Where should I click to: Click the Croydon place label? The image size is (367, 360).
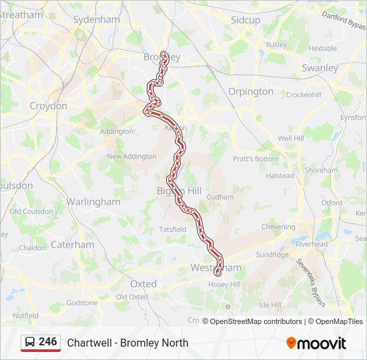48,106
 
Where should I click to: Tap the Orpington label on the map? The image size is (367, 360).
251,91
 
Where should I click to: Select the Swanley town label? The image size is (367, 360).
320,68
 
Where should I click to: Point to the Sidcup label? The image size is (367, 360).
246,20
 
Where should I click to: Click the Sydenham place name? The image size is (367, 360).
96,19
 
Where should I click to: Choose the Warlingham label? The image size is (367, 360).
93,201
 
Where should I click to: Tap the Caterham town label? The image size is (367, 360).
73,245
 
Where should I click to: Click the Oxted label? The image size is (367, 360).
143,283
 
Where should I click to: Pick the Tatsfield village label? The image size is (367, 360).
173,229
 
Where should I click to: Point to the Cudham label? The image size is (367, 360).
220,197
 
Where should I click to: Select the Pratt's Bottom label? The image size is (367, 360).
256,159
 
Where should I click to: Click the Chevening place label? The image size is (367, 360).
278,227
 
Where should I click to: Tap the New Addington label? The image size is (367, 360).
131,157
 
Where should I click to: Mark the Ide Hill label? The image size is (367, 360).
270,304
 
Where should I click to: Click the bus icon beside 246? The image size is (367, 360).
30,343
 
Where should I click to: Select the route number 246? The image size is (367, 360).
48,342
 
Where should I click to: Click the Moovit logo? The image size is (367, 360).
316,343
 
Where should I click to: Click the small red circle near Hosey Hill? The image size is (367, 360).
228,307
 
